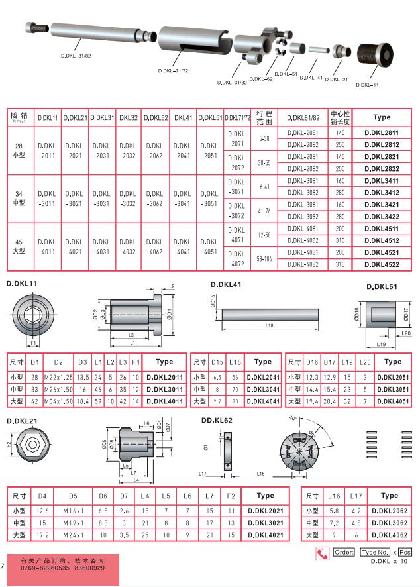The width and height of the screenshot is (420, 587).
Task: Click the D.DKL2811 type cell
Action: pos(382,133)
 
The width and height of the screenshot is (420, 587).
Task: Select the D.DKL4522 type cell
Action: pos(382,264)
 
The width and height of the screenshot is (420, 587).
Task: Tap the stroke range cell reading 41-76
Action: pos(265,211)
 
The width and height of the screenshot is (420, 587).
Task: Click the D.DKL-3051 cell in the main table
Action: pos(209,199)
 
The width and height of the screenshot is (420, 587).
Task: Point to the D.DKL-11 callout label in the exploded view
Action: pos(368,85)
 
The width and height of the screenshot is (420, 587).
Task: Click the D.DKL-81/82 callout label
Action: pos(76,55)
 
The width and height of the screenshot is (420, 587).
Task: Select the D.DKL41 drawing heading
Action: pos(227,284)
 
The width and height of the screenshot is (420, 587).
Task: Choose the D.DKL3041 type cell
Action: pos(263,388)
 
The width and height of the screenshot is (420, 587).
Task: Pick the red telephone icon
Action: pos(323,553)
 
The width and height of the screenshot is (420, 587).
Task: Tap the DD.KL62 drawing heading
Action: pos(217,420)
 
